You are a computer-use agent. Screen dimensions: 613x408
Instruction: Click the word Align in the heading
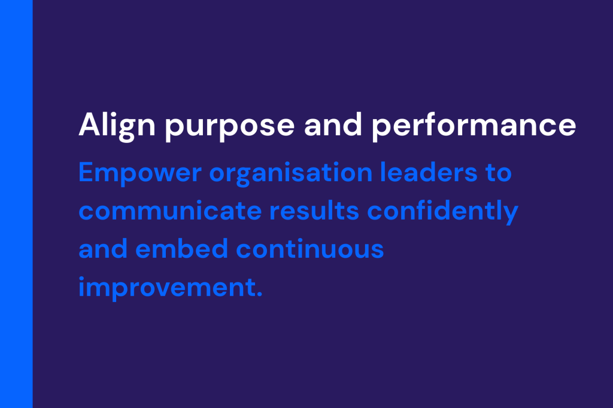point(117,126)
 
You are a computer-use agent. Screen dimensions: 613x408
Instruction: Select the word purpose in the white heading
point(229,127)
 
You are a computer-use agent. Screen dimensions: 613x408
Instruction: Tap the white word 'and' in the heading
point(333,124)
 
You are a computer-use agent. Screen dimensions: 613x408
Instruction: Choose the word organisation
point(291,173)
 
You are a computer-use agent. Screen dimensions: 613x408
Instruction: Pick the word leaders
point(429,172)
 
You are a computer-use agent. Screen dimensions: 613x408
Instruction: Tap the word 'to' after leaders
point(499,173)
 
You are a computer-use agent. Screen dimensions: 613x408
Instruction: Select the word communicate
point(170,211)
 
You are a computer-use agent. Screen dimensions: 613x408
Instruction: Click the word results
point(314,211)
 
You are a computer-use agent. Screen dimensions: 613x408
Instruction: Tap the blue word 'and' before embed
point(103,249)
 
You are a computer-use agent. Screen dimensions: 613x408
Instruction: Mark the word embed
point(182,249)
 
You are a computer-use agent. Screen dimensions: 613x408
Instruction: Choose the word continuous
point(310,249)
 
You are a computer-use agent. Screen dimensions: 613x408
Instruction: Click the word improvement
point(168,288)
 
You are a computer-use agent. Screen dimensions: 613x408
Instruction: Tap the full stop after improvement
point(260,295)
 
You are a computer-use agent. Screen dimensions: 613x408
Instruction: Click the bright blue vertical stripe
point(16,204)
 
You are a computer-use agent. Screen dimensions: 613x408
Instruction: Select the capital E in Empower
point(86,172)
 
